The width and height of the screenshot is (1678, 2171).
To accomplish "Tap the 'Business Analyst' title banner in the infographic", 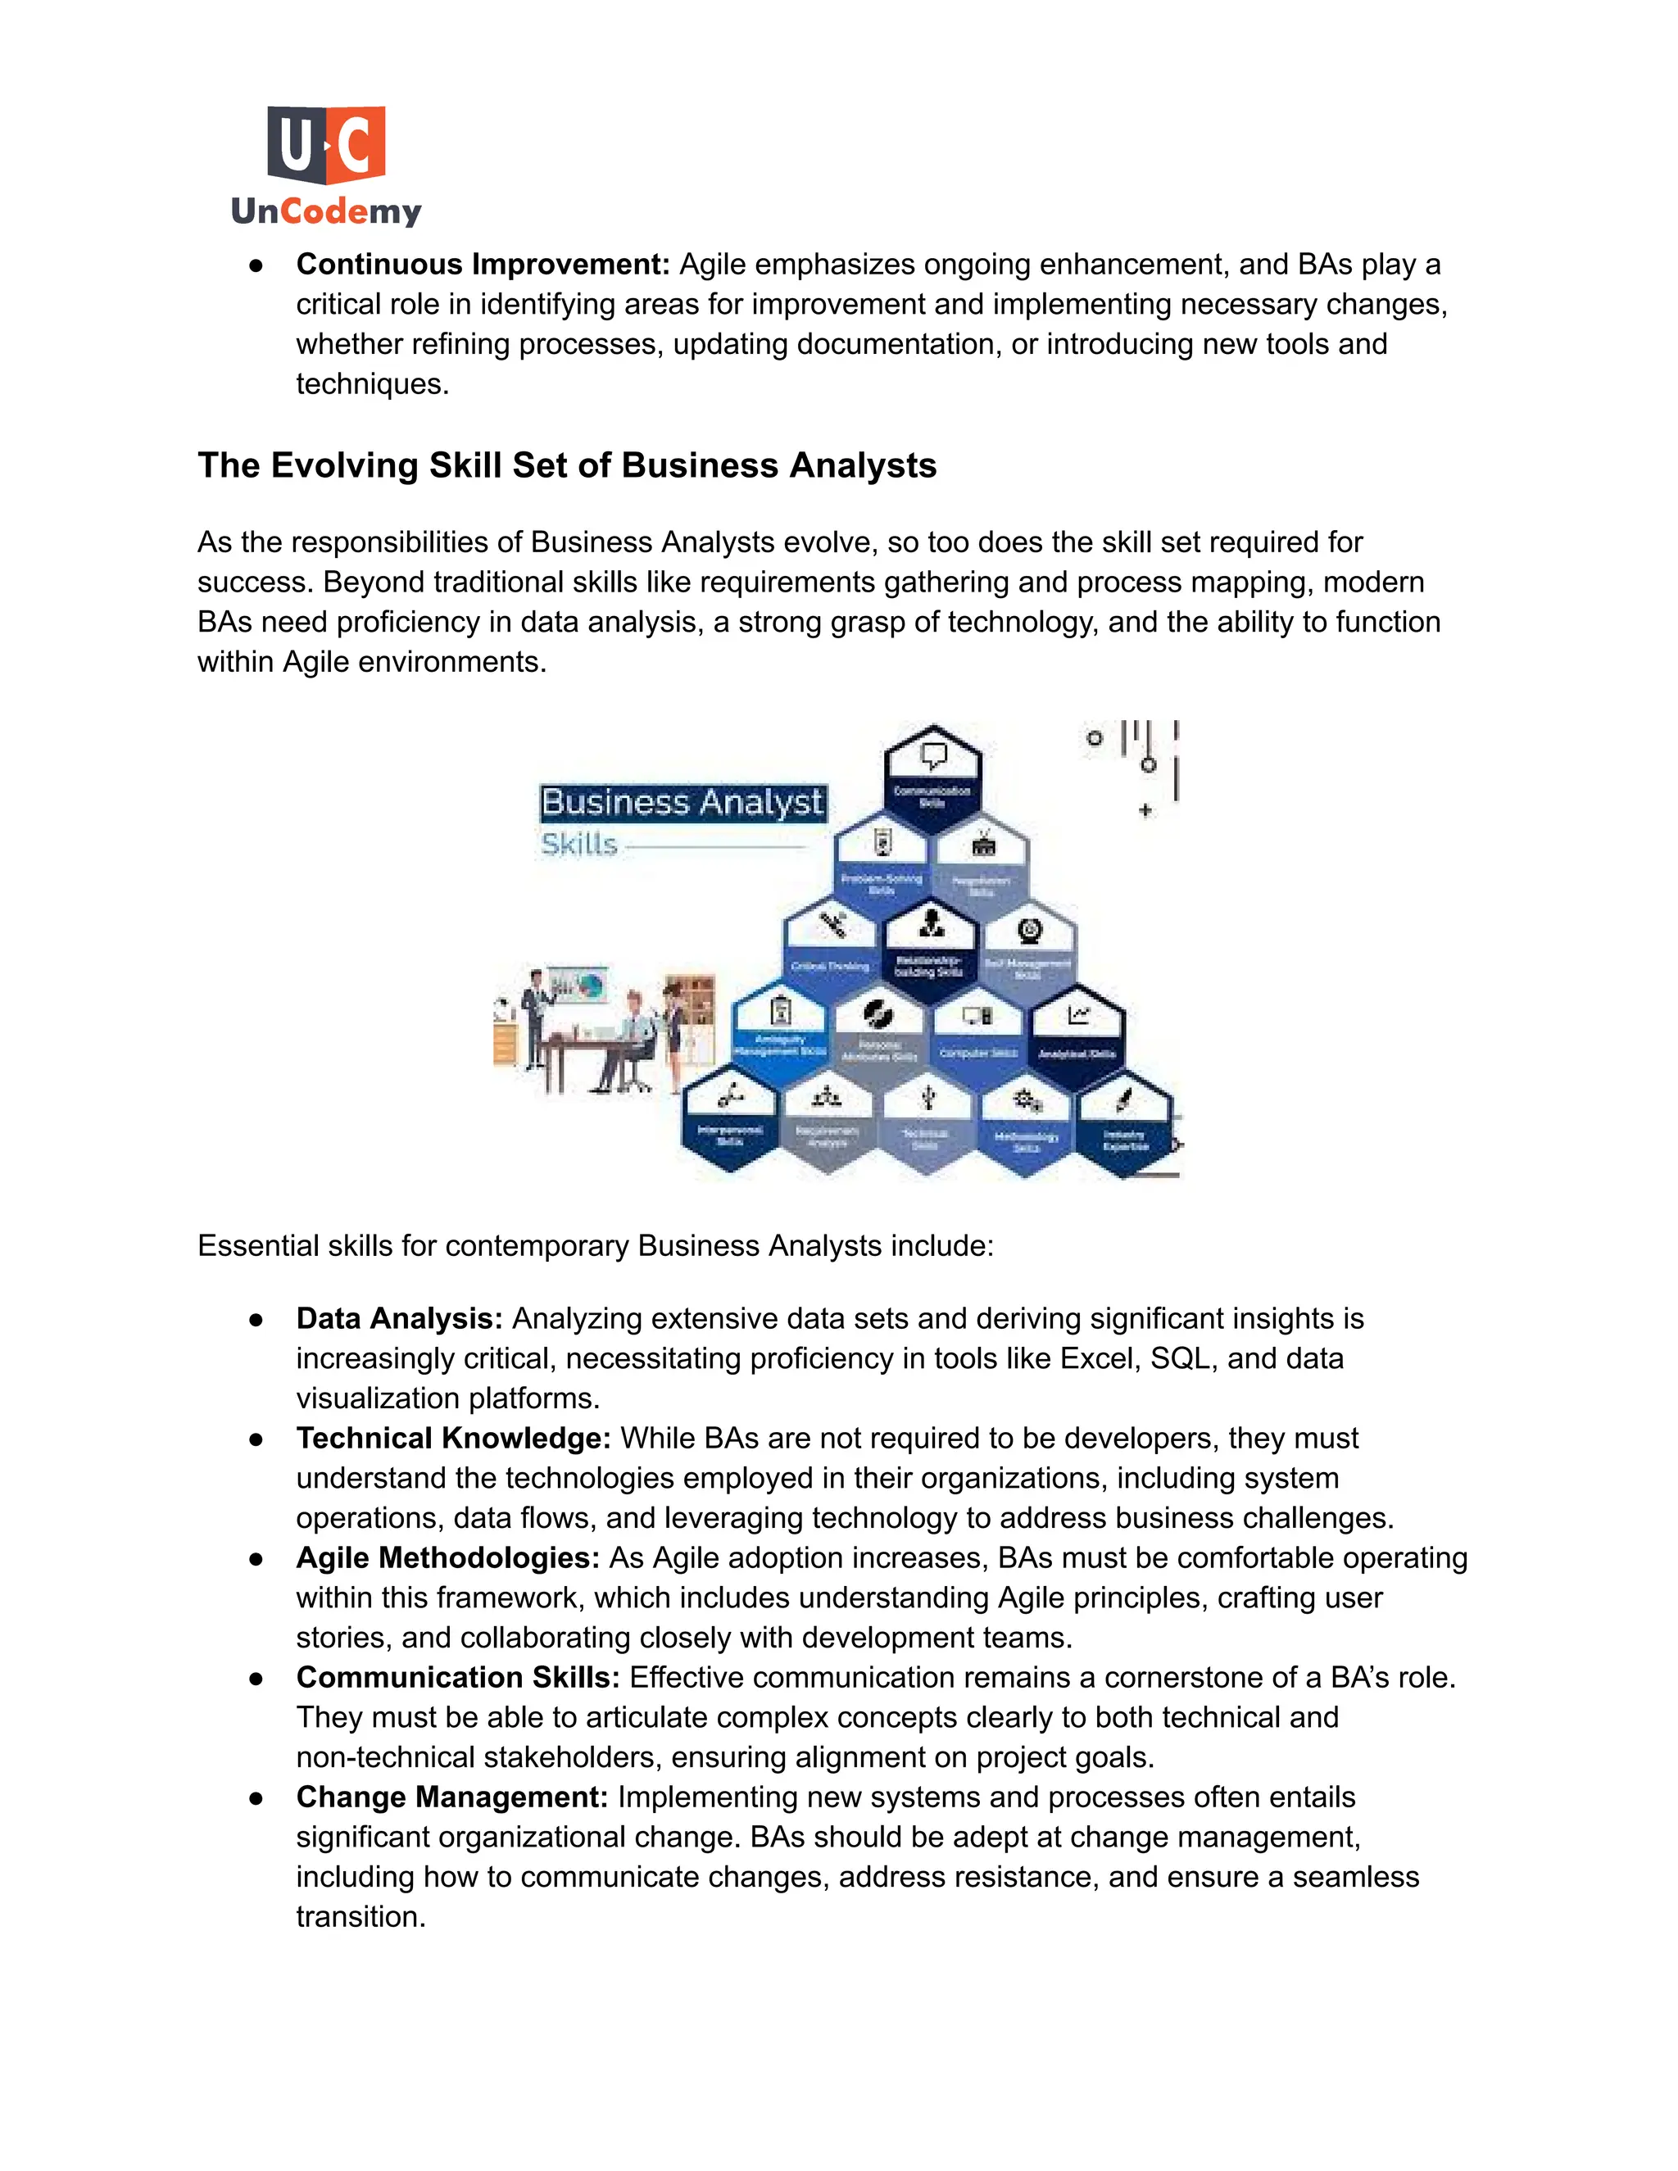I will tap(682, 802).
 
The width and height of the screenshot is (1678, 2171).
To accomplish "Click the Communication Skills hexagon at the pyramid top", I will tap(932, 780).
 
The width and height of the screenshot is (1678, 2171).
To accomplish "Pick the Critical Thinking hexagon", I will tap(830, 945).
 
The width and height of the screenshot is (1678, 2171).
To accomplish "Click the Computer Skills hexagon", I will tap(978, 1033).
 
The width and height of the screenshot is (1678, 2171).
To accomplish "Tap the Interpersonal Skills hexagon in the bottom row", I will tap(731, 1118).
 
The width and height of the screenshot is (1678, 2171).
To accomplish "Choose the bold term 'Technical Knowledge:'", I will tap(453, 1439).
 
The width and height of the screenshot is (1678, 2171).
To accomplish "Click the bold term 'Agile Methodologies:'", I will tap(447, 1557).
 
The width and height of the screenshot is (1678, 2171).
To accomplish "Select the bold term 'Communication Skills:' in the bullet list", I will tap(457, 1678).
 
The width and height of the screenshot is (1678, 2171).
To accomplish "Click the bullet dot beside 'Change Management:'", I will tap(256, 1798).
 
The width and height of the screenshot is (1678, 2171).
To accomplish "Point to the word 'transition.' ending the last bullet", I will tap(361, 1916).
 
